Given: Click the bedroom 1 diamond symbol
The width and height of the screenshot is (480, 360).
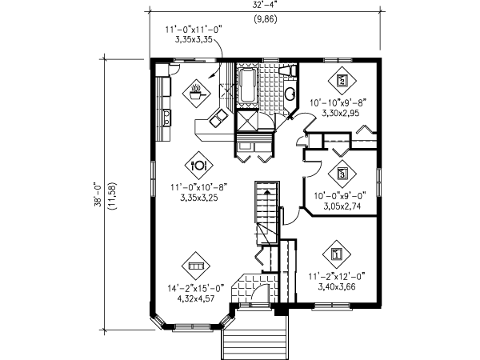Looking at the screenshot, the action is pos(337,254).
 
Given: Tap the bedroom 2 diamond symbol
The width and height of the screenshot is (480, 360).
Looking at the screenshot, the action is pos(342,81).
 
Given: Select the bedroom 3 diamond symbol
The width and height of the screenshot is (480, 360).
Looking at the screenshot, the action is pos(342,174).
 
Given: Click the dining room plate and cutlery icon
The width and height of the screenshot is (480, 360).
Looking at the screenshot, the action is pos(198,166).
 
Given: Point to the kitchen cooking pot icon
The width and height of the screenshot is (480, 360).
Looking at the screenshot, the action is pos(196,94).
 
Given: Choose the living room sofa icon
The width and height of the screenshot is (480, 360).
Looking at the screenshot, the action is pos(196,266).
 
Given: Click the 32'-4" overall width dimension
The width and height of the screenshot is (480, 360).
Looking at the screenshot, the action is pos(266,4).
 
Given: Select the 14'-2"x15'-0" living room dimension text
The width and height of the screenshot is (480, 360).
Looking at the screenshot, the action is pos(196,288).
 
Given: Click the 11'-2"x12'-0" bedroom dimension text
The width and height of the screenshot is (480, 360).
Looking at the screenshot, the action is pos(337,277).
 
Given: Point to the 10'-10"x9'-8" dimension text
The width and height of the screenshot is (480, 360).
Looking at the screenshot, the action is pos(338,102).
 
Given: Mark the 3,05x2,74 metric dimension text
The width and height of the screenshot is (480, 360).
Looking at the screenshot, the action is pos(342,206).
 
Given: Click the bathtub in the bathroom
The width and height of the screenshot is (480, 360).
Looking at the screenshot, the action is pos(247,86).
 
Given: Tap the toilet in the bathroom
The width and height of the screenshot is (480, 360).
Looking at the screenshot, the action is pos(288,71).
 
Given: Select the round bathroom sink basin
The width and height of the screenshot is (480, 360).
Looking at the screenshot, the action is pos(290,94).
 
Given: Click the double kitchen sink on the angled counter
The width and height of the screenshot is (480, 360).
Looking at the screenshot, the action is pos(218,118).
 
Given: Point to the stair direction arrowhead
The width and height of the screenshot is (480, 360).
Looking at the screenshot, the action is pos(267,192).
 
